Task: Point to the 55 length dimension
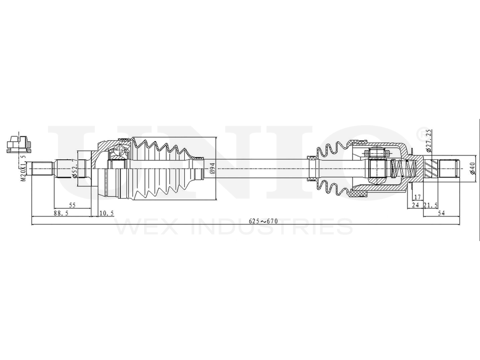(72, 204)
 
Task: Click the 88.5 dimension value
(60, 214)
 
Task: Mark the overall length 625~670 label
(264, 221)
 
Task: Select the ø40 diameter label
(472, 168)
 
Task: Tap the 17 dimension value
(417, 197)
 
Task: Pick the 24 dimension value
(415, 205)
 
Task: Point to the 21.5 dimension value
(430, 205)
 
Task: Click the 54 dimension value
(441, 214)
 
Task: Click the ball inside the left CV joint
(117, 153)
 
